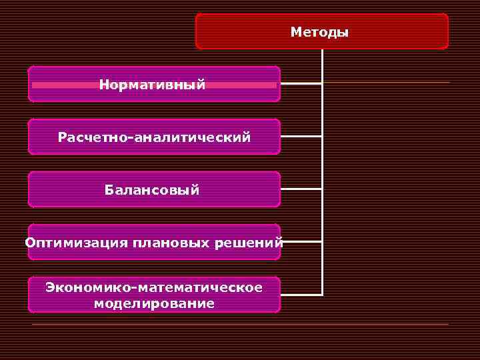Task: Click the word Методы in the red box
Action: (x=319, y=32)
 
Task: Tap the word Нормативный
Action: (x=152, y=85)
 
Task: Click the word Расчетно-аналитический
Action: (x=154, y=137)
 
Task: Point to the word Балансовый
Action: (x=152, y=190)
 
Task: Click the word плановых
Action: (x=171, y=243)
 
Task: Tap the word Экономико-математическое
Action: (x=154, y=287)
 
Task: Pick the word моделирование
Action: (x=154, y=304)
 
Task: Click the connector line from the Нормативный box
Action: (x=301, y=84)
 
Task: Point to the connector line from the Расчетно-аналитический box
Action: (x=301, y=136)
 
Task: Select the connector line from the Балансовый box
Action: (x=301, y=189)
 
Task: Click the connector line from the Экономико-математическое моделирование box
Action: (x=301, y=294)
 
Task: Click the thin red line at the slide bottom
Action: (x=240, y=324)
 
